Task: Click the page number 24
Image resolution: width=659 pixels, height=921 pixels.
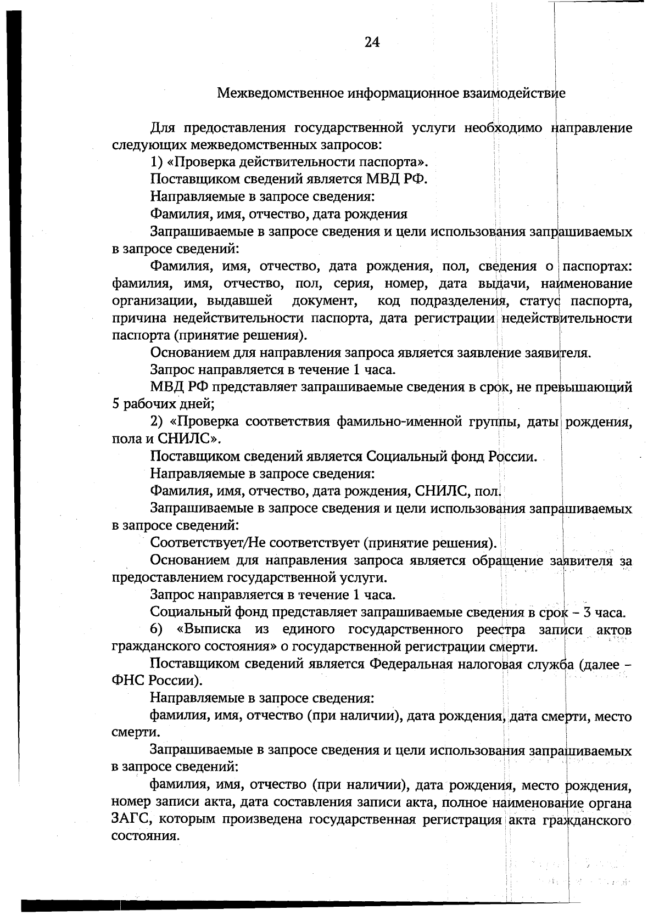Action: [x=372, y=42]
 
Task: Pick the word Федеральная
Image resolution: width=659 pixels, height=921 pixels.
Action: [x=411, y=664]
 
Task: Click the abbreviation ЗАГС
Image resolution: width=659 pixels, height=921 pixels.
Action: [x=129, y=820]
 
